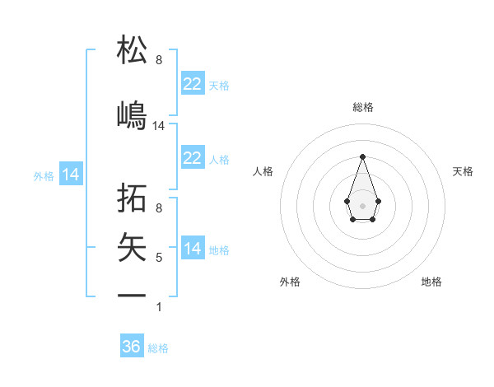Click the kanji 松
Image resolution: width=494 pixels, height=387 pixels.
[133, 50]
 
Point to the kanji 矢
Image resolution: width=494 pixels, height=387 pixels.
[133, 248]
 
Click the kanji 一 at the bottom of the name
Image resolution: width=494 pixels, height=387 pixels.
[133, 295]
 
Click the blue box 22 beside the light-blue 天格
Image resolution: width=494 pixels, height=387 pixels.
[193, 84]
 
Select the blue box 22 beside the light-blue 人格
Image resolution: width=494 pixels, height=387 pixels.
[193, 158]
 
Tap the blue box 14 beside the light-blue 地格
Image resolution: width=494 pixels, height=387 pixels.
[193, 249]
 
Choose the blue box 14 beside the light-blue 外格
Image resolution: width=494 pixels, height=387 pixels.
[71, 175]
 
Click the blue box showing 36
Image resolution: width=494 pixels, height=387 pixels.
[132, 347]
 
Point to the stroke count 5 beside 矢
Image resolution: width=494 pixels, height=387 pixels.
[159, 258]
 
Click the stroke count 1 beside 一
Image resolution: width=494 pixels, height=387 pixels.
[159, 307]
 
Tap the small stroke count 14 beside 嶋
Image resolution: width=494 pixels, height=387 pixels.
[159, 126]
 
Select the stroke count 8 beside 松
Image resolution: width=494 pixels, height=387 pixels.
[159, 60]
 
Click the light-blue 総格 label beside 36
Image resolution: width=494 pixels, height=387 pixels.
[158, 348]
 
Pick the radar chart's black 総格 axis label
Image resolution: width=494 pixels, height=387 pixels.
[362, 107]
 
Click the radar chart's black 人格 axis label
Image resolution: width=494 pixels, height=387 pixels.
[263, 171]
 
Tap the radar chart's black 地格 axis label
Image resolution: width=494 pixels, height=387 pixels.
[431, 282]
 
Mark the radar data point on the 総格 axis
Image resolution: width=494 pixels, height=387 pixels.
[362, 156]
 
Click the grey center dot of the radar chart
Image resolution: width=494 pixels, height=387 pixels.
[362, 204]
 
